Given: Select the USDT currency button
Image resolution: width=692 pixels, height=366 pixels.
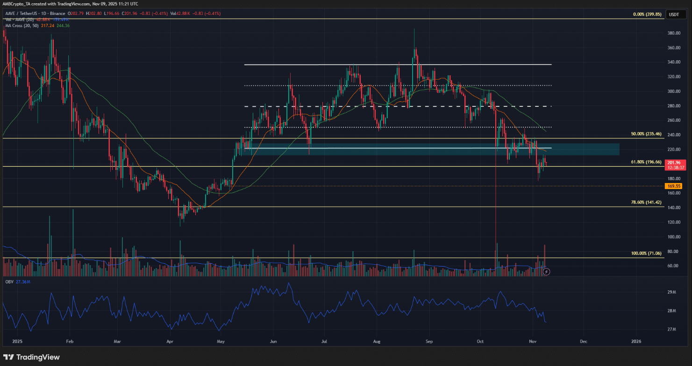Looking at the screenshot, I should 674,14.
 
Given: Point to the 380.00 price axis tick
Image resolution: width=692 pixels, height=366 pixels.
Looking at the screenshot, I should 673,33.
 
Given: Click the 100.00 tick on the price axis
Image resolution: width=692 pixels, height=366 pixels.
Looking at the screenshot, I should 673,237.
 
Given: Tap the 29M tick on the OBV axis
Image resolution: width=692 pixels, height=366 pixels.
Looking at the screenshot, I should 672,292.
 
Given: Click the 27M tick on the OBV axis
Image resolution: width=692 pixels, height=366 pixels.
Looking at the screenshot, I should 672,330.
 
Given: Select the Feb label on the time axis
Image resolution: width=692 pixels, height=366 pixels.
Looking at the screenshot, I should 70,342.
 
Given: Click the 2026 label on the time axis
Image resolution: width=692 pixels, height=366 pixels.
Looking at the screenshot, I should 636,342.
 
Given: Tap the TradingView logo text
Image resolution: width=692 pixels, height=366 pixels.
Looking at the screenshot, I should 38,357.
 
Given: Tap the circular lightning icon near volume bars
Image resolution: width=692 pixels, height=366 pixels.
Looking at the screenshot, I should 547,271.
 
